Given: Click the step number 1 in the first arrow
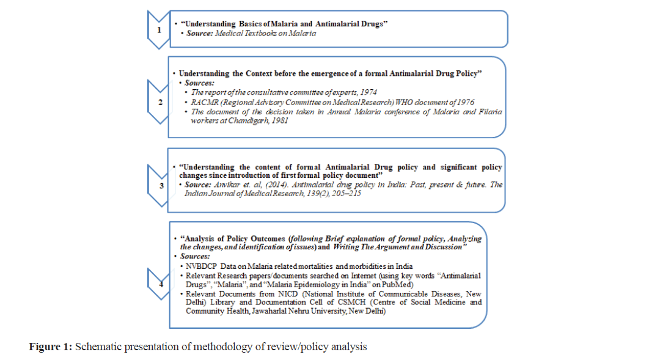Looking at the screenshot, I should point(159,29).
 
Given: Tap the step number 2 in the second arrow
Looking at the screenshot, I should point(159,101).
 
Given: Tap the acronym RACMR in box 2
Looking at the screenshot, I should point(204,101).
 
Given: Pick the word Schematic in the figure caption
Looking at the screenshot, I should point(97,347).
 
